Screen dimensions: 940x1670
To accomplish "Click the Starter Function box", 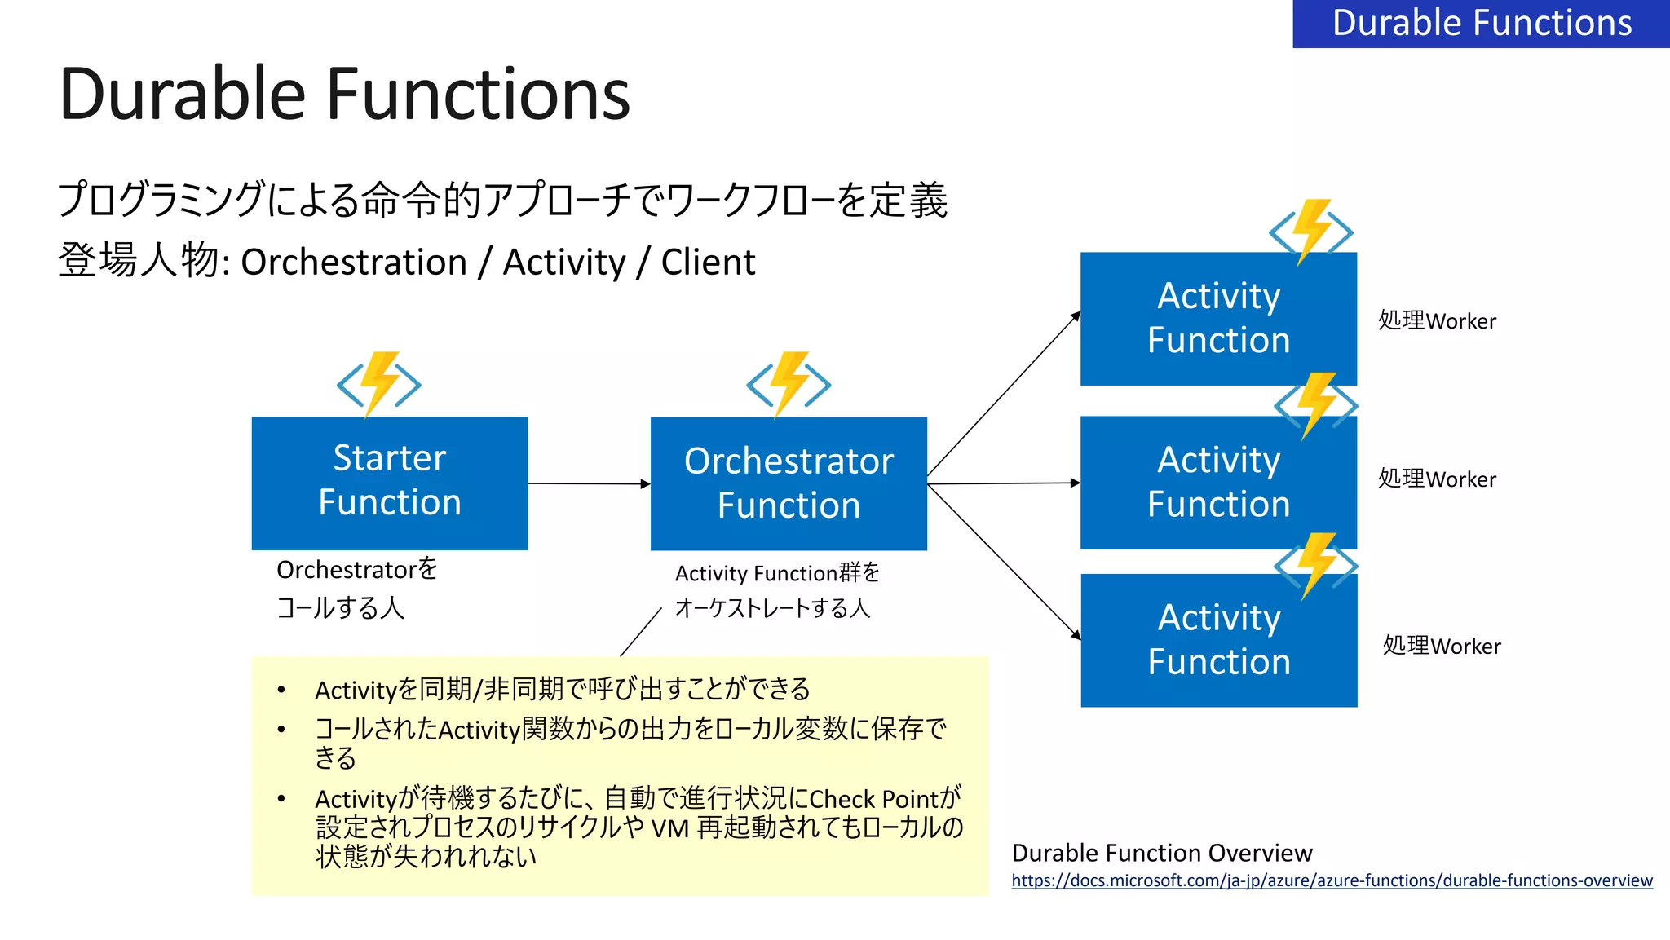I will click(x=390, y=483).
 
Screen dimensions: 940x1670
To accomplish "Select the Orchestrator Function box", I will click(x=789, y=483).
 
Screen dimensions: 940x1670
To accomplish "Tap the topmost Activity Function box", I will click(x=1218, y=320).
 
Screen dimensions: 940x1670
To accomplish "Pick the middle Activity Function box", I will click(x=1218, y=483).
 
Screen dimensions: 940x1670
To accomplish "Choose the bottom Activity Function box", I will click(x=1218, y=641).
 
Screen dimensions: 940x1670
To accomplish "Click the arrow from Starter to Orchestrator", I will click(x=589, y=483).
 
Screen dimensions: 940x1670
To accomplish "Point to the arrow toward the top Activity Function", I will click(x=1003, y=395).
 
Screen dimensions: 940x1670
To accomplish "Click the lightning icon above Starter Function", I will click(x=379, y=383).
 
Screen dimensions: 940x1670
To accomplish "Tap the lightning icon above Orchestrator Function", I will click(x=789, y=383).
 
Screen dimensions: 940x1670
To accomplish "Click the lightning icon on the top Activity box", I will click(x=1311, y=232).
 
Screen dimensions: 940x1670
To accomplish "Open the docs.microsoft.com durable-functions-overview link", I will click(x=1332, y=880).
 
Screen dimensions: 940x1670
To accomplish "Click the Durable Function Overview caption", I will click(x=1161, y=853).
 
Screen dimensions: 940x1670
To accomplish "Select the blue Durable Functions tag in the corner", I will click(x=1481, y=23).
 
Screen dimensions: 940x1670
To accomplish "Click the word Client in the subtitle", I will click(x=708, y=263).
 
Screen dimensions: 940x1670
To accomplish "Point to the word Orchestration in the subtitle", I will click(x=354, y=263).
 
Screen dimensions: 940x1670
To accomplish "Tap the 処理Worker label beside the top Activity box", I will click(x=1437, y=320).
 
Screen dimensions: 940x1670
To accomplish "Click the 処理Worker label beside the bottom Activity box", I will click(x=1441, y=646).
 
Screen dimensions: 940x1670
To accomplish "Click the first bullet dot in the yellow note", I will click(x=281, y=691).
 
